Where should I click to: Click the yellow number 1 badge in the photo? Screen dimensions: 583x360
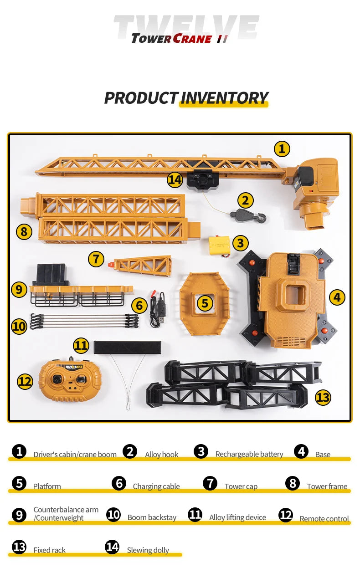pyautogui.click(x=282, y=148)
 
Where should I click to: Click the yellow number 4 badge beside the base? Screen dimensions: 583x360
pyautogui.click(x=337, y=297)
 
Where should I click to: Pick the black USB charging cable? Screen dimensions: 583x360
pyautogui.click(x=158, y=309)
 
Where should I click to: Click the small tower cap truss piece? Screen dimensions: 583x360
pyautogui.click(x=143, y=265)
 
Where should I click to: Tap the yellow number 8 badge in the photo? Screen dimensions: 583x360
pyautogui.click(x=24, y=232)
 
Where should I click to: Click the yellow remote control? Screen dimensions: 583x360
pyautogui.click(x=70, y=381)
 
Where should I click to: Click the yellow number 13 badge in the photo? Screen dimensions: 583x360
pyautogui.click(x=323, y=397)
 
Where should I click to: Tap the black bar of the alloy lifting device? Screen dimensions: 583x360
pyautogui.click(x=127, y=348)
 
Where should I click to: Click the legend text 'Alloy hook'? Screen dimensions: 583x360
pyautogui.click(x=162, y=455)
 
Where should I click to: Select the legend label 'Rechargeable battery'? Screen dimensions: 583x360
pyautogui.click(x=249, y=454)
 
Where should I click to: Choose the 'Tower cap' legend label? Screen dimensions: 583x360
pyautogui.click(x=241, y=486)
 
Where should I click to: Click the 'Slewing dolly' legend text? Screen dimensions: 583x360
pyautogui.click(x=148, y=550)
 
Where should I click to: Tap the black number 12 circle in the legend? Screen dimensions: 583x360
pyautogui.click(x=286, y=515)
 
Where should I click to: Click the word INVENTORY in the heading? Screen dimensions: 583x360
pyautogui.click(x=224, y=98)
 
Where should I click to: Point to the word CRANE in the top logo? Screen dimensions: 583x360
pyautogui.click(x=192, y=39)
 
